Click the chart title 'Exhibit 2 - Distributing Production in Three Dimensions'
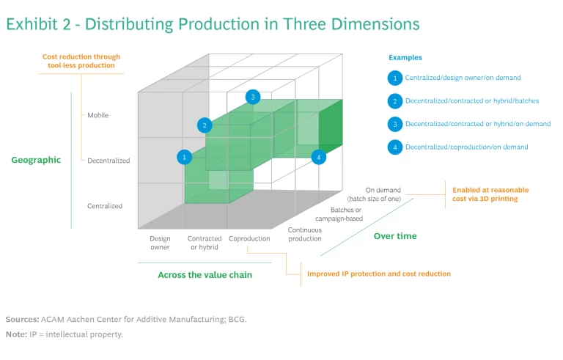(213, 24)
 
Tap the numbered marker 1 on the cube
(185, 157)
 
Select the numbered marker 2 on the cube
(205, 125)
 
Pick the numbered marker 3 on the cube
(253, 97)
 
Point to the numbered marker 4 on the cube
(317, 157)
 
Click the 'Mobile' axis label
(97, 115)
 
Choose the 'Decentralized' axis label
(108, 161)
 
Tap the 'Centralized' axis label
(105, 206)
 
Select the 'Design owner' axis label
(160, 243)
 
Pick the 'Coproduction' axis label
(249, 238)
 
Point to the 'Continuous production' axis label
(304, 234)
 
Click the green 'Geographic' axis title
(36, 160)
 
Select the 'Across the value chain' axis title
(205, 275)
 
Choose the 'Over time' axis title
(395, 236)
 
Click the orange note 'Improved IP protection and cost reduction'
(379, 274)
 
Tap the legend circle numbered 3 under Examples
(394, 124)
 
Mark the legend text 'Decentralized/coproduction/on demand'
(466, 147)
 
